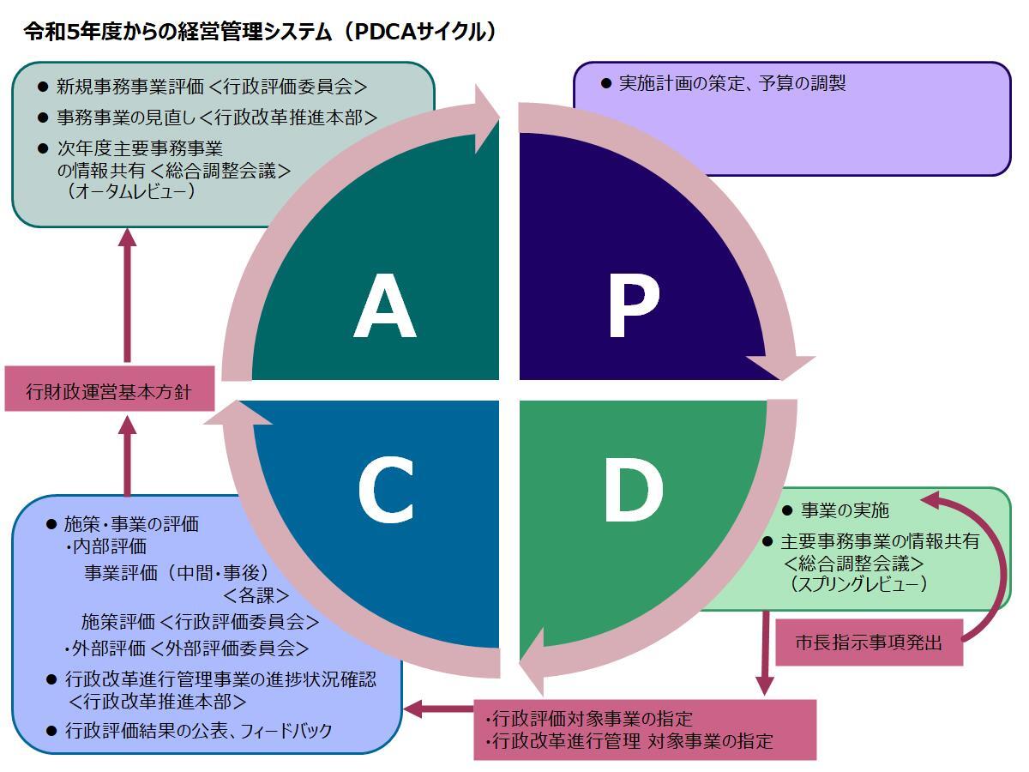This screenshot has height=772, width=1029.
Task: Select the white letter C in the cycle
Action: click(x=386, y=491)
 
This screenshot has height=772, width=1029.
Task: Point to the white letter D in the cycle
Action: click(x=633, y=491)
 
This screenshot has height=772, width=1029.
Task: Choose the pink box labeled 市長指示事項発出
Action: click(x=868, y=642)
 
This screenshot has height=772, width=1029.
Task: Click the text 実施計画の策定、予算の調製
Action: click(x=732, y=84)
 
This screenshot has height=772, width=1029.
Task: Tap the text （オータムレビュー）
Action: click(x=130, y=191)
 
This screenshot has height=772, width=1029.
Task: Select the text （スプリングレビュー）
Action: click(x=859, y=584)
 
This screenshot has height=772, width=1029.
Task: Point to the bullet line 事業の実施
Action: click(x=845, y=511)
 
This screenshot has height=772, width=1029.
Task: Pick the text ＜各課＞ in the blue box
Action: click(x=256, y=594)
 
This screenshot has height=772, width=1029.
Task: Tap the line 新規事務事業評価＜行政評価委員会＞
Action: click(x=211, y=87)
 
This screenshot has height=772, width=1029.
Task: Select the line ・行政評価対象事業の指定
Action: click(x=588, y=718)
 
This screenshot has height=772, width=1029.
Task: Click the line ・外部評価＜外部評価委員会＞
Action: click(x=187, y=648)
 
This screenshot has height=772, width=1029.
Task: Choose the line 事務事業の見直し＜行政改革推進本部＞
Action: click(x=216, y=118)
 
